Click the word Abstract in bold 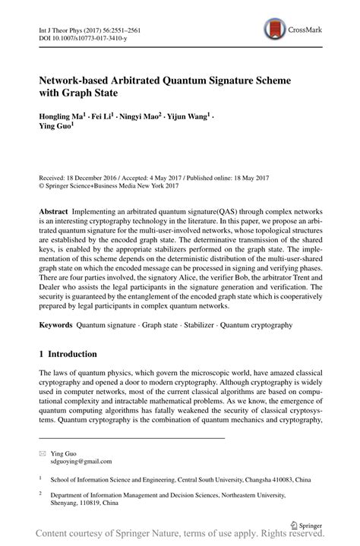coord(57,209)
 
